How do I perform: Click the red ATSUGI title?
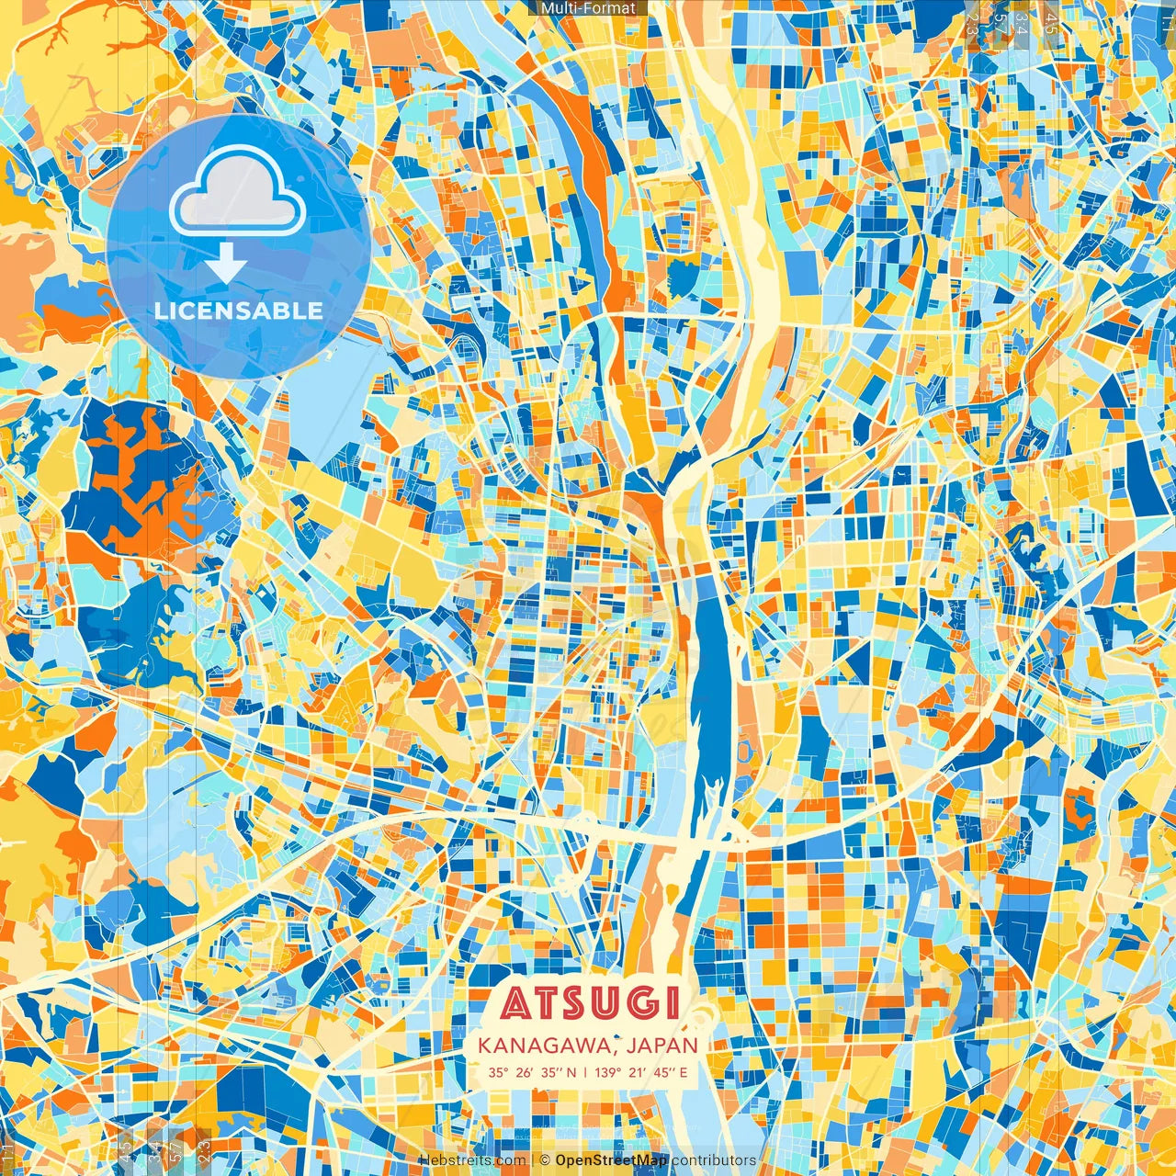pyautogui.click(x=591, y=1003)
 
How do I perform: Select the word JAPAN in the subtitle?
pyautogui.click(x=664, y=1046)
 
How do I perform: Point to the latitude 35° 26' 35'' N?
pyautogui.click(x=533, y=1072)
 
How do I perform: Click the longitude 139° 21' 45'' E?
pyautogui.click(x=641, y=1072)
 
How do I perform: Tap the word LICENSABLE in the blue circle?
pyautogui.click(x=239, y=311)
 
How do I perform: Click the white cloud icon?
pyautogui.click(x=238, y=192)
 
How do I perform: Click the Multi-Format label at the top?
pyautogui.click(x=588, y=8)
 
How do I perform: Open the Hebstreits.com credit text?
pyautogui.click(x=472, y=1160)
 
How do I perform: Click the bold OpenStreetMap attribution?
pyautogui.click(x=611, y=1160)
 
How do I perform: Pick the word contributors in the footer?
pyautogui.click(x=714, y=1160)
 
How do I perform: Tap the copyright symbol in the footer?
pyautogui.click(x=545, y=1160)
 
